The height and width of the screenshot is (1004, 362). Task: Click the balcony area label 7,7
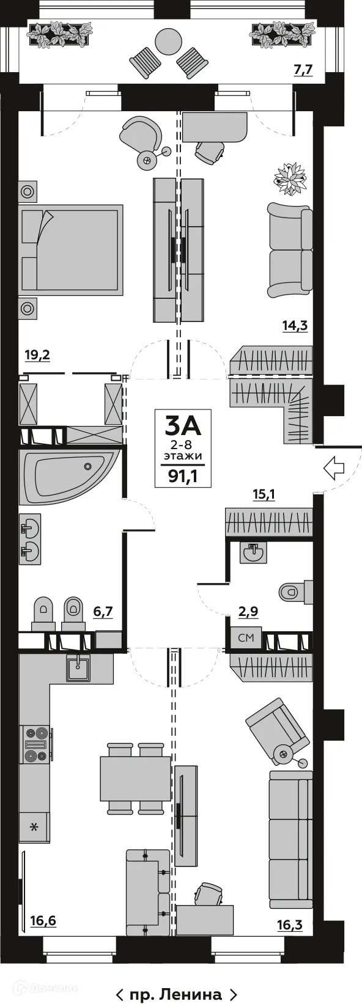point(303,70)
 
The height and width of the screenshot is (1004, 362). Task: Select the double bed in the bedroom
point(70,247)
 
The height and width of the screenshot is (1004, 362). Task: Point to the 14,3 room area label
point(294,326)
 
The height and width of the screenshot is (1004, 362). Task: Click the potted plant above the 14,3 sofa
point(290,177)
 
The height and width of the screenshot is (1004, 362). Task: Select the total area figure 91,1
point(182,477)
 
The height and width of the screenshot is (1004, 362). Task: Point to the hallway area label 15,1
point(264,494)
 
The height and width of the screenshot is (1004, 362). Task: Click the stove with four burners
point(35,744)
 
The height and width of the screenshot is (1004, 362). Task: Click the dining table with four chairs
point(135,779)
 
